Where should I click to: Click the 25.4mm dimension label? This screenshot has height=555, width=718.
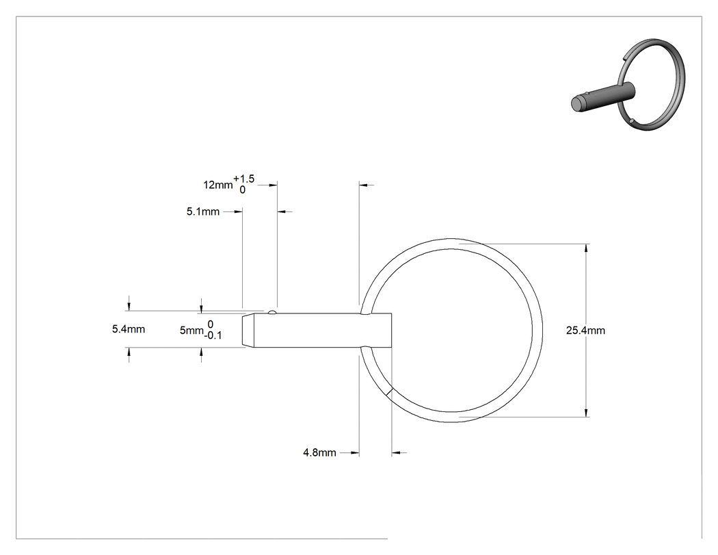585,331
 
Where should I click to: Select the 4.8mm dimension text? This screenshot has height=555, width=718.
319,453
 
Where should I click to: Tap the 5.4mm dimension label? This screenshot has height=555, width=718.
129,329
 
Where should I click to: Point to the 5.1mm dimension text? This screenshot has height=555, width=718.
203,211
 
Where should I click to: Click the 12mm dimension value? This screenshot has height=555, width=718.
218,185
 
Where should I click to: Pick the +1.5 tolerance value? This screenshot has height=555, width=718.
243,179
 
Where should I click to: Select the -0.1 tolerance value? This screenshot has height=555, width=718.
213,335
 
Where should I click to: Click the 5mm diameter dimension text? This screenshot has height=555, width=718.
191,331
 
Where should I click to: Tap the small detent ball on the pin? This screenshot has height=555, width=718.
272,312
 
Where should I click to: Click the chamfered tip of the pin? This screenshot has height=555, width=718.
248,331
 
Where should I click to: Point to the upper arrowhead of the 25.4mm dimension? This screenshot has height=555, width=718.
586,248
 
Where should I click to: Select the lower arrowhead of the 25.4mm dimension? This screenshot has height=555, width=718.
586,413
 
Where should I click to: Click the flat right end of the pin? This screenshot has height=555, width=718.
392,331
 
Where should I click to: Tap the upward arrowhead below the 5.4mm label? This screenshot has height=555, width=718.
129,352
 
